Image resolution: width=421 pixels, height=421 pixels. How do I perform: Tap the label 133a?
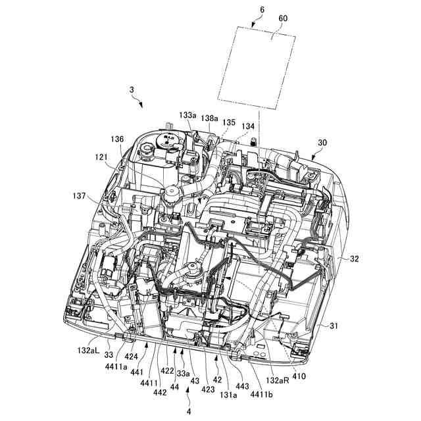[x=189, y=114]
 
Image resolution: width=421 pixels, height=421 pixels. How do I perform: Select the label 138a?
[x=209, y=118]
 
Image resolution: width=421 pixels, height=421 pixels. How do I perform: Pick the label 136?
[x=117, y=139]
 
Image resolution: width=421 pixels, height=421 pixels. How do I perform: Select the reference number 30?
[x=322, y=143]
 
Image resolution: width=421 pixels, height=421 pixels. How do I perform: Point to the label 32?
[x=355, y=259]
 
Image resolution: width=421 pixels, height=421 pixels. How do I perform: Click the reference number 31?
[x=335, y=325]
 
